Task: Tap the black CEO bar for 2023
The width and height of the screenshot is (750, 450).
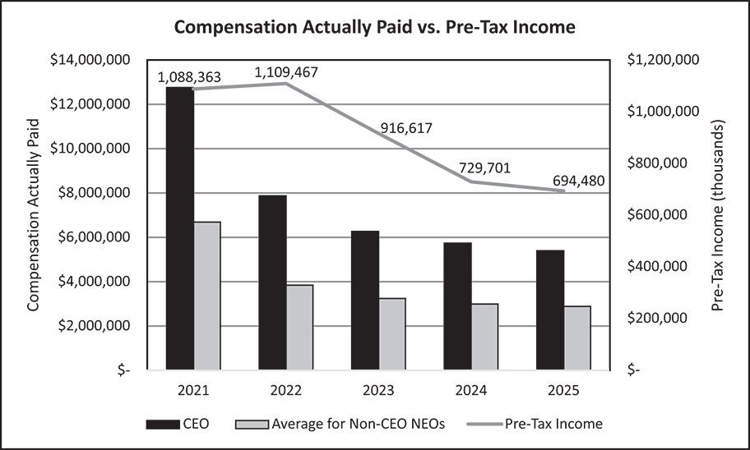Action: point(365,300)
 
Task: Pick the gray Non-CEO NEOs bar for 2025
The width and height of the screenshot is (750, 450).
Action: point(576,337)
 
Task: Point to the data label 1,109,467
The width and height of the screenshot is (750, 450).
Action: point(286,72)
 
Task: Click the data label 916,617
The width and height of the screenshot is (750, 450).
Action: point(406,128)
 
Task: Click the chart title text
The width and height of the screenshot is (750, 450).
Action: point(374,27)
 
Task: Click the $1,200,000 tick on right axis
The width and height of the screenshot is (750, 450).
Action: point(662,60)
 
